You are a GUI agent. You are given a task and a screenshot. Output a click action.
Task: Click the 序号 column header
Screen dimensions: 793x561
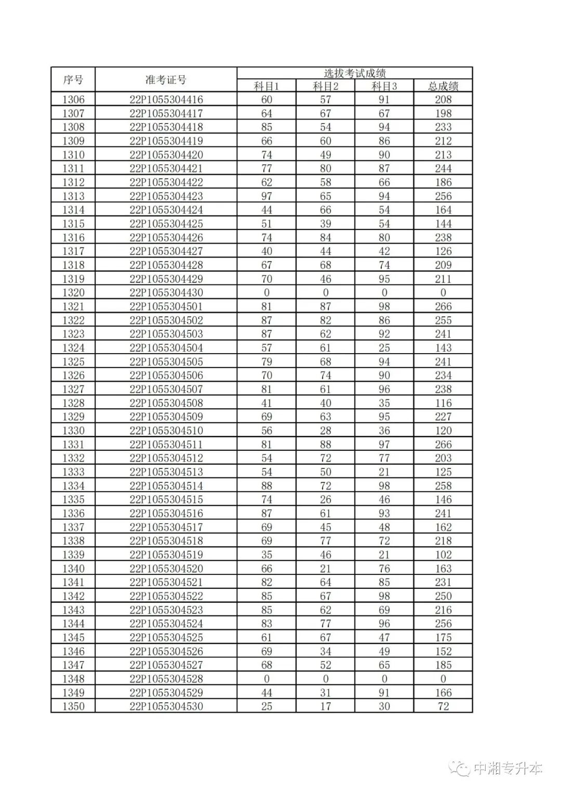point(73,80)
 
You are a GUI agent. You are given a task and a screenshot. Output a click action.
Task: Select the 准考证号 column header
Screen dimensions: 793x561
point(166,80)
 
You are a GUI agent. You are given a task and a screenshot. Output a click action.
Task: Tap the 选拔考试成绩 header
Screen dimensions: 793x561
point(355,73)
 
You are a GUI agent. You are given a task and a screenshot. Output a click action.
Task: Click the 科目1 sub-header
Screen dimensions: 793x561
point(266,86)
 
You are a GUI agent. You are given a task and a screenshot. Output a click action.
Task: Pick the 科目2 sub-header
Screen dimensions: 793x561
point(326,86)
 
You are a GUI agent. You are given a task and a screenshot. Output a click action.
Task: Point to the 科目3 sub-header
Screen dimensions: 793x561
point(384,86)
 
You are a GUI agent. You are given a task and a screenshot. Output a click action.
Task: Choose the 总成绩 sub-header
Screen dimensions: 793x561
point(443,86)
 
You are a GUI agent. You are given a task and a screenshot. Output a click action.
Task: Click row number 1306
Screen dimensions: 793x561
point(73,100)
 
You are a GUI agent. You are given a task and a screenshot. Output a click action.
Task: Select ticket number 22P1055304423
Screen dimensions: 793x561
point(166,196)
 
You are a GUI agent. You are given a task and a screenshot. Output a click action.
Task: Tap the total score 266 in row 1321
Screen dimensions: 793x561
point(443,306)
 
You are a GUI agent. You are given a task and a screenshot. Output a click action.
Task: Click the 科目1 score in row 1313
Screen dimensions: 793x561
point(266,196)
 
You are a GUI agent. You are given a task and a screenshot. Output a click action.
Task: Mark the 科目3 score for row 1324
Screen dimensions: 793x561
point(384,348)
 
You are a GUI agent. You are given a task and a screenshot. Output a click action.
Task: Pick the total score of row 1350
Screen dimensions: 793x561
point(443,706)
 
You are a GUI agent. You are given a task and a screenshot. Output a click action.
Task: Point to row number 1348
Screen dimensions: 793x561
point(73,679)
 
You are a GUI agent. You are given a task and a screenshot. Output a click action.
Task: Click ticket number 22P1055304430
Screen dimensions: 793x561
point(166,293)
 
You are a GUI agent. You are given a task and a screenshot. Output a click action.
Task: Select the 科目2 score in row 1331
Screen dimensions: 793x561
point(326,445)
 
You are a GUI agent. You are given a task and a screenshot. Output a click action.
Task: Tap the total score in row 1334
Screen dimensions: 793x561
point(443,486)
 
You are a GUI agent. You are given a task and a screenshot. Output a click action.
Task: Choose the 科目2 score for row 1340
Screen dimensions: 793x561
point(326,569)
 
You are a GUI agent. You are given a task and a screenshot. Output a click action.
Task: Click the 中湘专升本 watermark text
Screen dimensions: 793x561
point(507,769)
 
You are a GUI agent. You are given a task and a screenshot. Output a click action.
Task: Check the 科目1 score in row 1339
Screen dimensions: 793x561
point(266,555)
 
